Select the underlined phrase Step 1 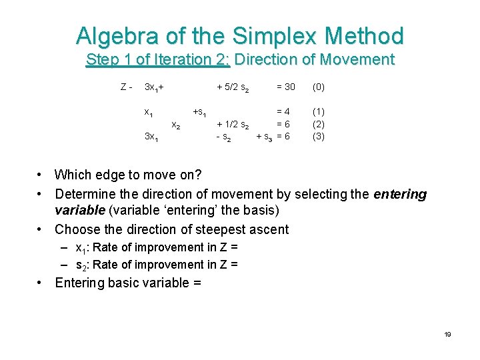coord(111,59)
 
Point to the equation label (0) coord(319,87)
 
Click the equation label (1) coord(319,112)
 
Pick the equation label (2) coord(319,124)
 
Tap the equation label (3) coord(319,136)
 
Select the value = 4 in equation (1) coord(283,112)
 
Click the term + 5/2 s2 coord(233,88)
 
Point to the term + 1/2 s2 coord(233,125)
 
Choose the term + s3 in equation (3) coord(264,137)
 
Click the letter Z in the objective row coord(124,87)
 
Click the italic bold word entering coord(400,194)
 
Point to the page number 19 coord(448,334)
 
